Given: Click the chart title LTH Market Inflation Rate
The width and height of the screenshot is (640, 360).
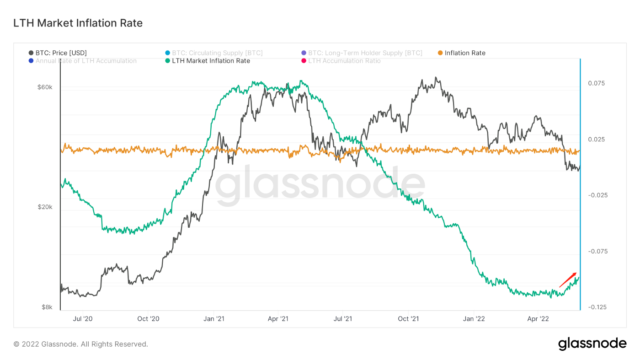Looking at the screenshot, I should pyautogui.click(x=78, y=23).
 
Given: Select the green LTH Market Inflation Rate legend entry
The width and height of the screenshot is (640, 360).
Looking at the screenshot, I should pyautogui.click(x=211, y=61).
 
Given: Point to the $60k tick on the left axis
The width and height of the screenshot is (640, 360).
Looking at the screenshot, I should pyautogui.click(x=45, y=87).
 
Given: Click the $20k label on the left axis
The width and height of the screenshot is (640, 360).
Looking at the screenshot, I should pyautogui.click(x=45, y=207).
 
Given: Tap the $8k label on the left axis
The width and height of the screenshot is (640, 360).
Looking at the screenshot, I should pyautogui.click(x=47, y=307).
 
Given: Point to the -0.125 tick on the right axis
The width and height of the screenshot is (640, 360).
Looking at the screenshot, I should pyautogui.click(x=596, y=307).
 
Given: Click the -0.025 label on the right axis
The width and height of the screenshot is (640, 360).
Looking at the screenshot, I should pyautogui.click(x=596, y=195).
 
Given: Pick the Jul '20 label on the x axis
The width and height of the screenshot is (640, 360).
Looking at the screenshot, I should pyautogui.click(x=83, y=318).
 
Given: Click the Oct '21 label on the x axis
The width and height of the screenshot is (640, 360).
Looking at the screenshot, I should pyautogui.click(x=409, y=318).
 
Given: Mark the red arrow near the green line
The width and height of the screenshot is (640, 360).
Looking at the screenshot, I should pyautogui.click(x=567, y=279).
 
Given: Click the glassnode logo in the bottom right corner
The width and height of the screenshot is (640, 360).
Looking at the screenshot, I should pyautogui.click(x=592, y=344).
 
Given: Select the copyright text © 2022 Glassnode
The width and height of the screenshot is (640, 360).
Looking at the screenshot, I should pyautogui.click(x=81, y=344).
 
